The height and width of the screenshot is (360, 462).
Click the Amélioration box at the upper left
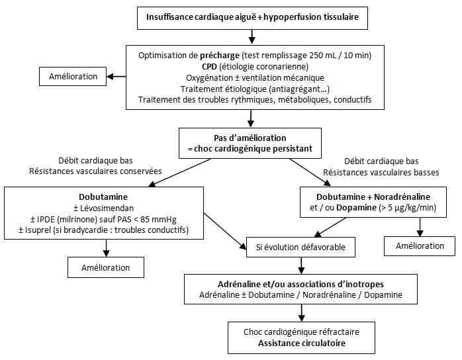(73, 76)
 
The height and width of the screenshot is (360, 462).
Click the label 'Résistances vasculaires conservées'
(95, 171)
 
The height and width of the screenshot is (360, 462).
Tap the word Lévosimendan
(105, 208)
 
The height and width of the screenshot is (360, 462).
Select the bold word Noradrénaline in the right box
(402, 197)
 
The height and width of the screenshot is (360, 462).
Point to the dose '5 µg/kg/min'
(410, 208)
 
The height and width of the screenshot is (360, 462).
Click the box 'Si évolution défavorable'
(301, 247)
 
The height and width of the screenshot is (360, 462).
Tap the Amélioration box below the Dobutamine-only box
(105, 267)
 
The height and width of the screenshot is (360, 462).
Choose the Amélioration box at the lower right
(420, 246)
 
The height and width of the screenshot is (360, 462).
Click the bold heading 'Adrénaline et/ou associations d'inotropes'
(301, 283)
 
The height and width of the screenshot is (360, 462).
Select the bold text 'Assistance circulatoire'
(301, 343)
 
